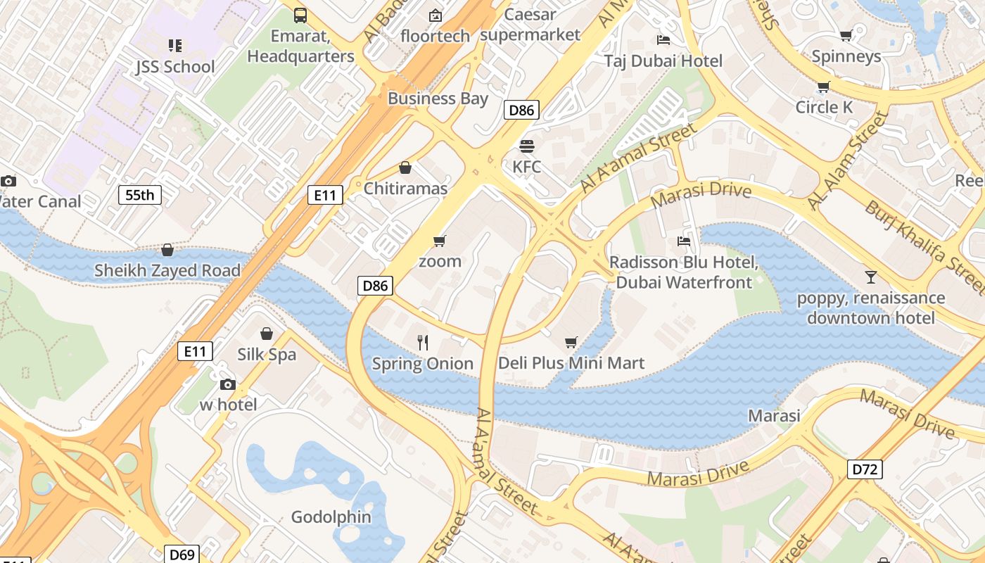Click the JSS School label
click(x=175, y=67)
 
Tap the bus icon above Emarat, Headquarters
click(x=300, y=15)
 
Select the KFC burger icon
click(x=526, y=146)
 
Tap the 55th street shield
click(x=140, y=195)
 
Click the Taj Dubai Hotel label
click(x=663, y=61)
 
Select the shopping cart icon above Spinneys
click(x=846, y=36)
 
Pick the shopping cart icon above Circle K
click(x=823, y=87)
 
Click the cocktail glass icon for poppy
click(x=871, y=277)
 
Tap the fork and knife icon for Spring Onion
click(x=423, y=343)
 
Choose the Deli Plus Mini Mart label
click(x=571, y=363)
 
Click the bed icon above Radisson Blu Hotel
click(x=683, y=241)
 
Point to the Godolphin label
click(x=331, y=517)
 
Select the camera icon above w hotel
click(x=227, y=384)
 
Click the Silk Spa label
click(x=267, y=355)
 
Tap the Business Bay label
click(x=438, y=99)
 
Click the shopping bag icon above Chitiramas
click(x=405, y=168)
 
